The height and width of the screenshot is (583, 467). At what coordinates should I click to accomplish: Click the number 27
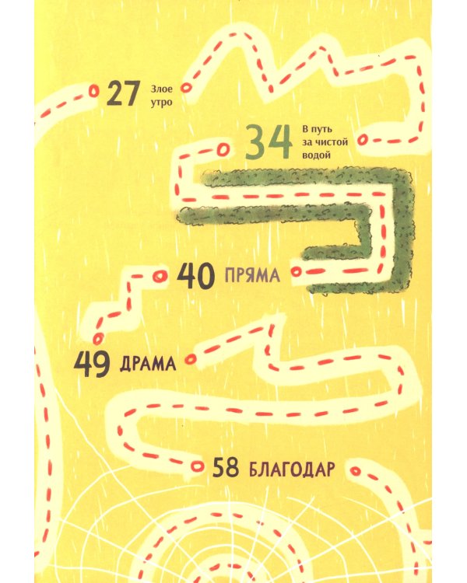click(122, 93)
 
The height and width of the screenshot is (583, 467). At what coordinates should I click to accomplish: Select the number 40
click(196, 275)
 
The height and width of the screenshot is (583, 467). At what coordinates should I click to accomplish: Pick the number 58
click(226, 469)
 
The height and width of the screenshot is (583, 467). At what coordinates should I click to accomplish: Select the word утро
click(160, 101)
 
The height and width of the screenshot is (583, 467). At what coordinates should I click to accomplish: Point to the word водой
click(316, 155)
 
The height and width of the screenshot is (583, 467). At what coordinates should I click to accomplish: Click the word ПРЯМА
click(251, 276)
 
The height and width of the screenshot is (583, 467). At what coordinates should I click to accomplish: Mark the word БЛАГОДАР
click(292, 470)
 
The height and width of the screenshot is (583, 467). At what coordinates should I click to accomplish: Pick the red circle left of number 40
click(160, 276)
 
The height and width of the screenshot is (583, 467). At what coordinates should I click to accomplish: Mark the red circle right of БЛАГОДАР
click(356, 470)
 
